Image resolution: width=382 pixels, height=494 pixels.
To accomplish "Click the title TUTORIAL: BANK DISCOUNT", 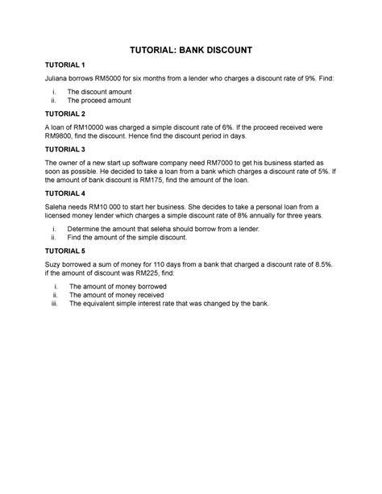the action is click(x=190, y=50).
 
